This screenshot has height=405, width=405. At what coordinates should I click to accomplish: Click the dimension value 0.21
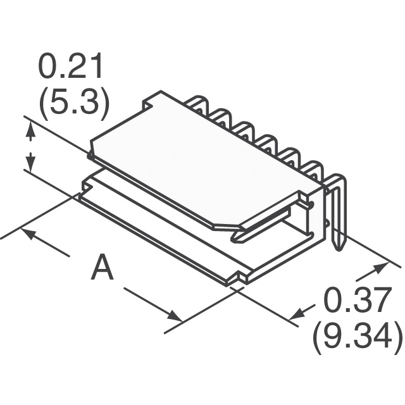coord(70,66)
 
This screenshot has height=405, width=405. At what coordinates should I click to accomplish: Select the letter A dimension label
coord(102,266)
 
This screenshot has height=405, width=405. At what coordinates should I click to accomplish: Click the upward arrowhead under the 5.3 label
coord(31,132)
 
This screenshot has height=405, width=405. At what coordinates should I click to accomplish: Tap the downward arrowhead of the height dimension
coord(31,162)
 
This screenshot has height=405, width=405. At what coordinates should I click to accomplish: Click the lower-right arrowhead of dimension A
coord(174,316)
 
